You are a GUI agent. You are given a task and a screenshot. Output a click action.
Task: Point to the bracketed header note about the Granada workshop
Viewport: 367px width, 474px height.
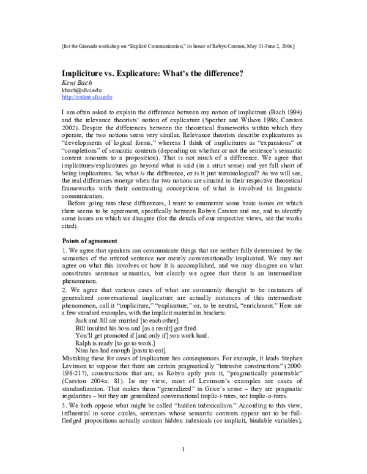[x=183, y=46]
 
